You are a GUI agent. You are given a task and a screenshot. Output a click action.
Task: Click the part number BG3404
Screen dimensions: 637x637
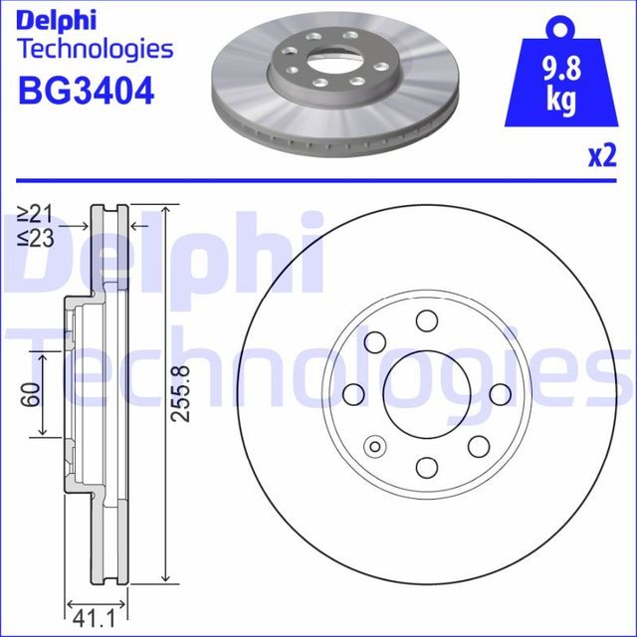click(86, 93)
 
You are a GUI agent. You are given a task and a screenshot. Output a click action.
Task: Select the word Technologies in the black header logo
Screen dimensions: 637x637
click(96, 49)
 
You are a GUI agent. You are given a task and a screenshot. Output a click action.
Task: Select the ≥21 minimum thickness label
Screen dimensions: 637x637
click(36, 213)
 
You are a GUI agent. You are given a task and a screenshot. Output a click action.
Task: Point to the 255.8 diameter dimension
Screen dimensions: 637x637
click(179, 395)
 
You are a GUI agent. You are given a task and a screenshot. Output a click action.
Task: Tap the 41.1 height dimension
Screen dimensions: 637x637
click(97, 617)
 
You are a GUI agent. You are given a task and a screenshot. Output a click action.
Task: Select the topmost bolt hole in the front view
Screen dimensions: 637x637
click(427, 320)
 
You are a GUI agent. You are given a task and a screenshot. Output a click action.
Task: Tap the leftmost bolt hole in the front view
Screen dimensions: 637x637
click(353, 395)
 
